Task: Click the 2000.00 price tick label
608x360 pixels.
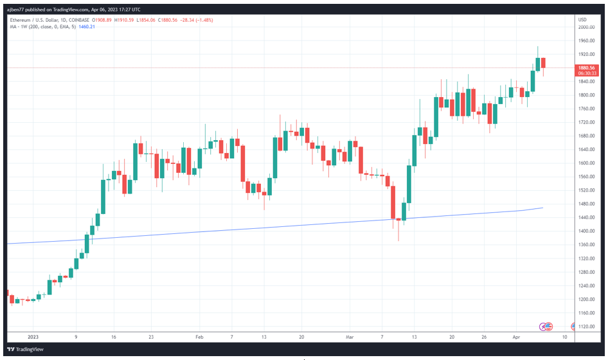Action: (586, 27)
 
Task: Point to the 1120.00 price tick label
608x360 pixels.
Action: (586, 327)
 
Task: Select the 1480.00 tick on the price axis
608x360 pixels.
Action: (586, 204)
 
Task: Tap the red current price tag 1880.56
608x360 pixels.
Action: (586, 67)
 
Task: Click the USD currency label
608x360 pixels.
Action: (582, 19)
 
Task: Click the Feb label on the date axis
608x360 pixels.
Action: (199, 336)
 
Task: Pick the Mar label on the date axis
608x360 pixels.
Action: (350, 336)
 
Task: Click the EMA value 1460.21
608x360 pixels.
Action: (86, 26)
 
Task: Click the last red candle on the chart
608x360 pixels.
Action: (543, 62)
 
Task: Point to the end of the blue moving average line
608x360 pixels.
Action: (543, 208)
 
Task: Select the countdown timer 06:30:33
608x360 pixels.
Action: (586, 73)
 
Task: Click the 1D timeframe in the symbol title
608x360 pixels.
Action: (71, 20)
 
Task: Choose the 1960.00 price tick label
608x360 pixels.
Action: (586, 40)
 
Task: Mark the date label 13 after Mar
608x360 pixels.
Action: (415, 336)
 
